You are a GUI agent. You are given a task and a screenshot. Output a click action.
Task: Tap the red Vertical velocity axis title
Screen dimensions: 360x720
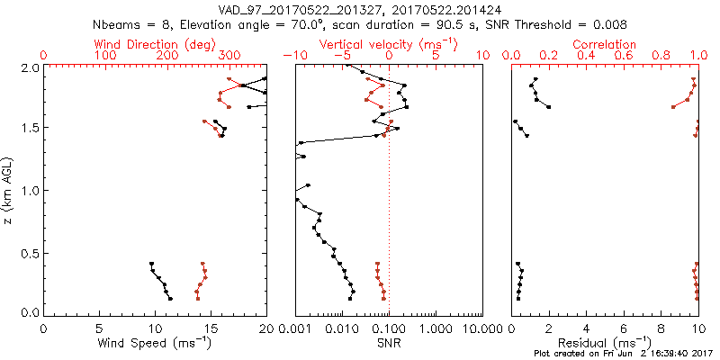point(388,44)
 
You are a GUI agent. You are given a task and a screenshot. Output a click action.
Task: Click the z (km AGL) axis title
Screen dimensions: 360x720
point(10,190)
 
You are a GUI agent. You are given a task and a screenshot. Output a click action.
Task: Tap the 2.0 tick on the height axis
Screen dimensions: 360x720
point(28,67)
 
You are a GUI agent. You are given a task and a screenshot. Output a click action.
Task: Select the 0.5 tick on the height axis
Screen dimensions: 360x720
point(28,252)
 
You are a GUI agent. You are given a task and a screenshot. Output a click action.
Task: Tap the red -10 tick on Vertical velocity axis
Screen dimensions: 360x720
point(292,56)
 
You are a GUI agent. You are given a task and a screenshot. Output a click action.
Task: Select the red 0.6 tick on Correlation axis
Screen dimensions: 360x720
point(624,56)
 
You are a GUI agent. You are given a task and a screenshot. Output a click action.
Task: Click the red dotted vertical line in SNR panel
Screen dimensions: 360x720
point(389,225)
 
